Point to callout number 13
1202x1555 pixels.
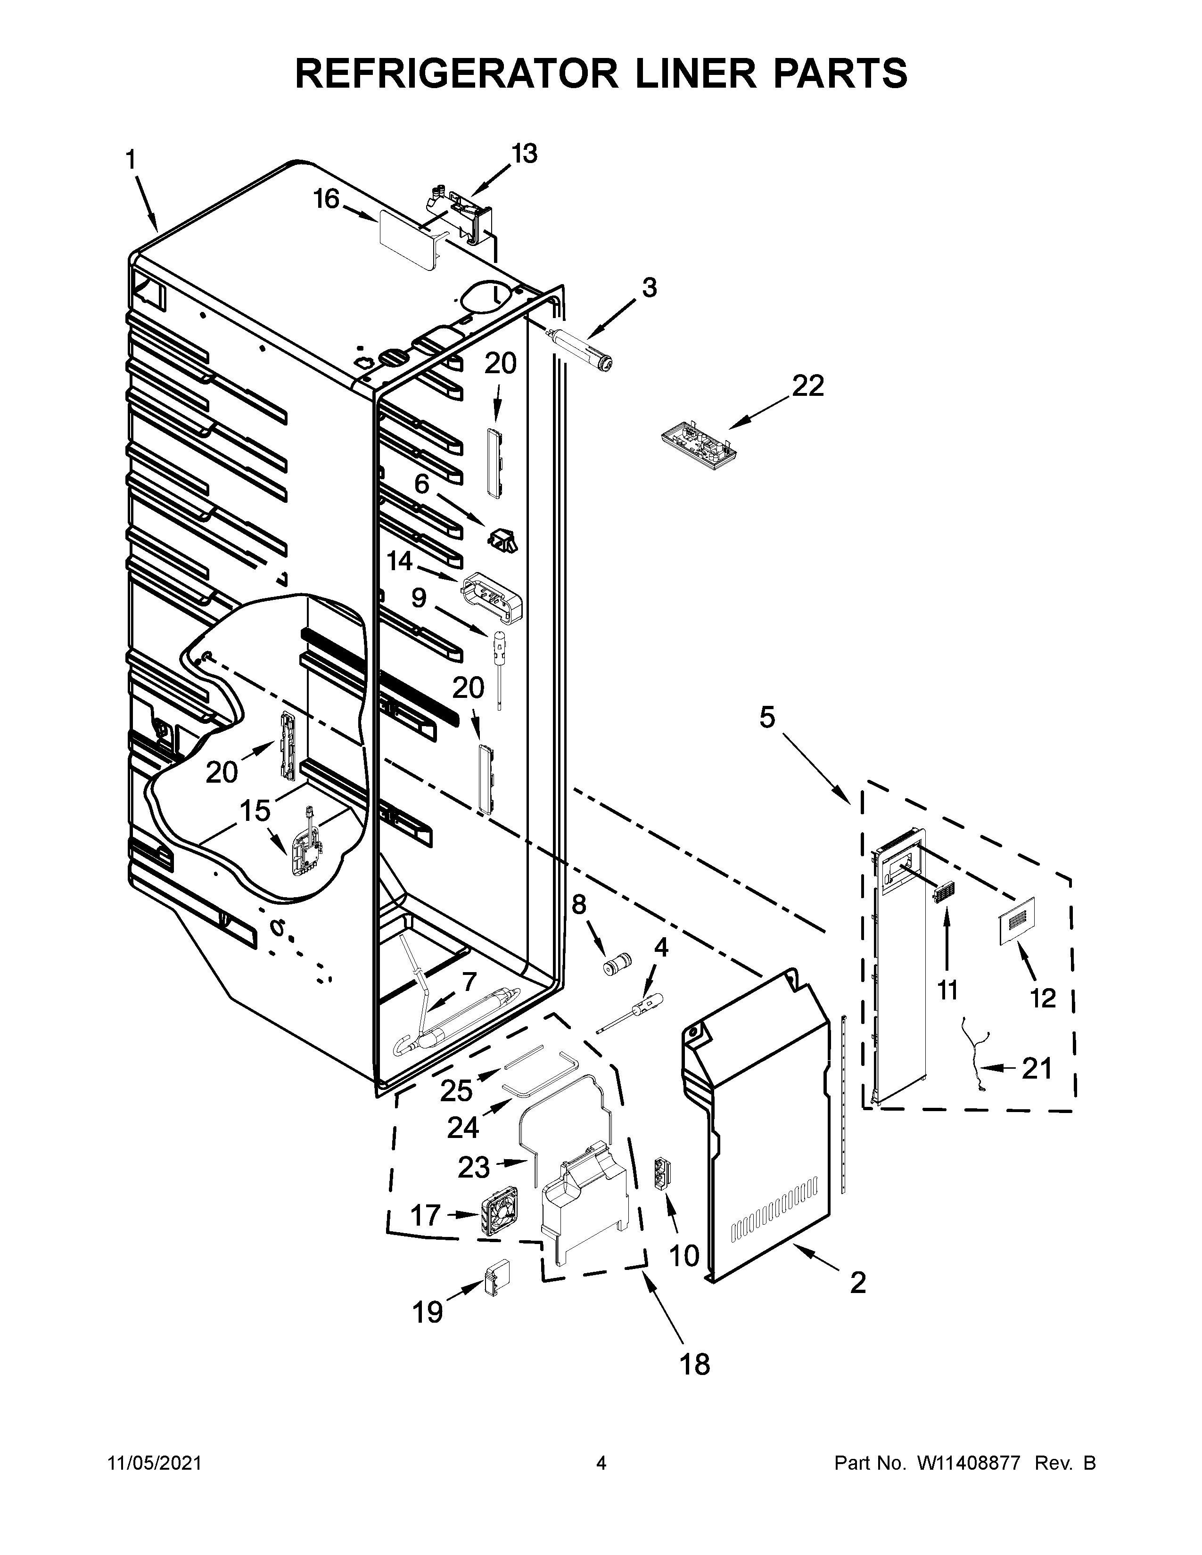pyautogui.click(x=524, y=153)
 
